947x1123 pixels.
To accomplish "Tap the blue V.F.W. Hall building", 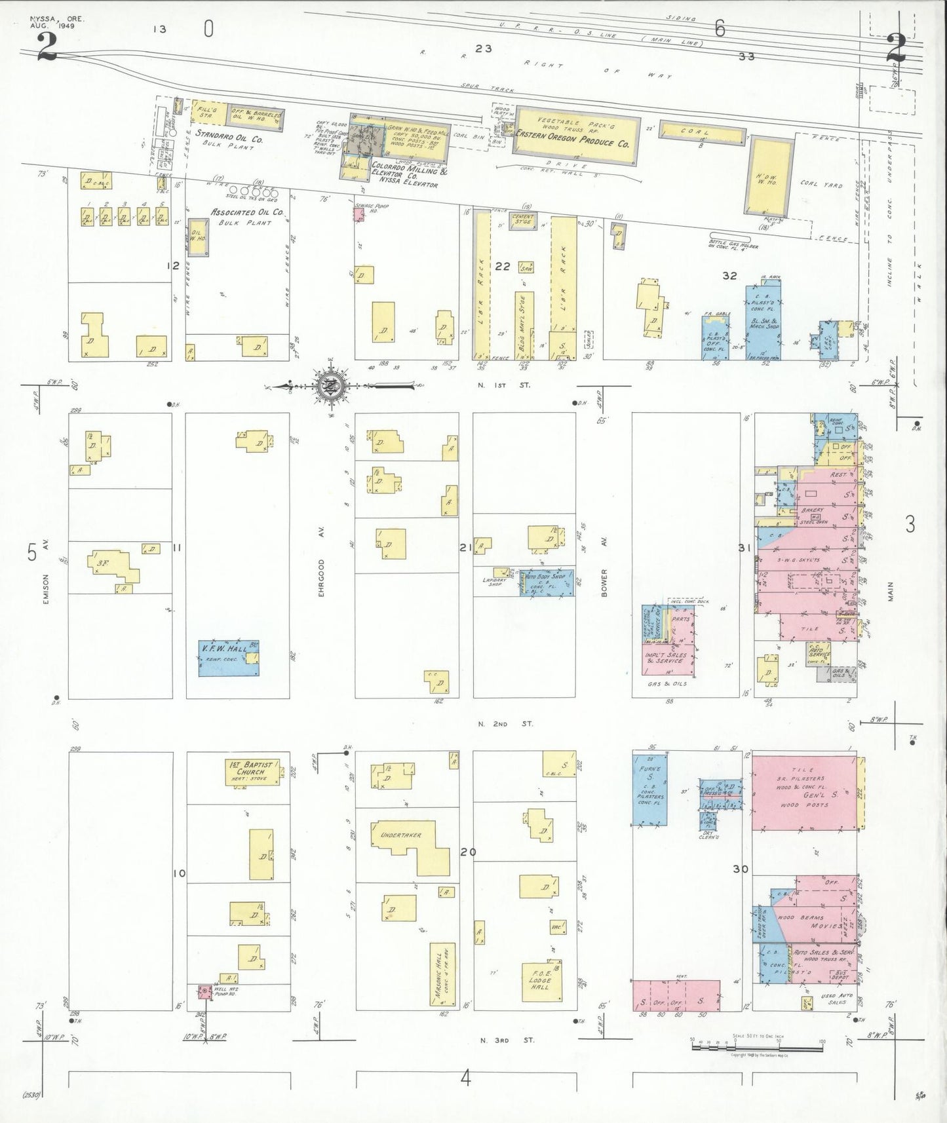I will pos(228,658).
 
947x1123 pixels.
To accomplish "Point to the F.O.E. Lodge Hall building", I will pos(541,981).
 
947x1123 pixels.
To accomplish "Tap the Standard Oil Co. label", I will pos(229,138).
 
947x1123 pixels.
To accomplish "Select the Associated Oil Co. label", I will pos(247,212).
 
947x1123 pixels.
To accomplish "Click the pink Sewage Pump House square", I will pos(358,214).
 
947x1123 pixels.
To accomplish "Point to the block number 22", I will pos(502,266).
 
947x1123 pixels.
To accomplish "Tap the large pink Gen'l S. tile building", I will pos(803,793).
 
